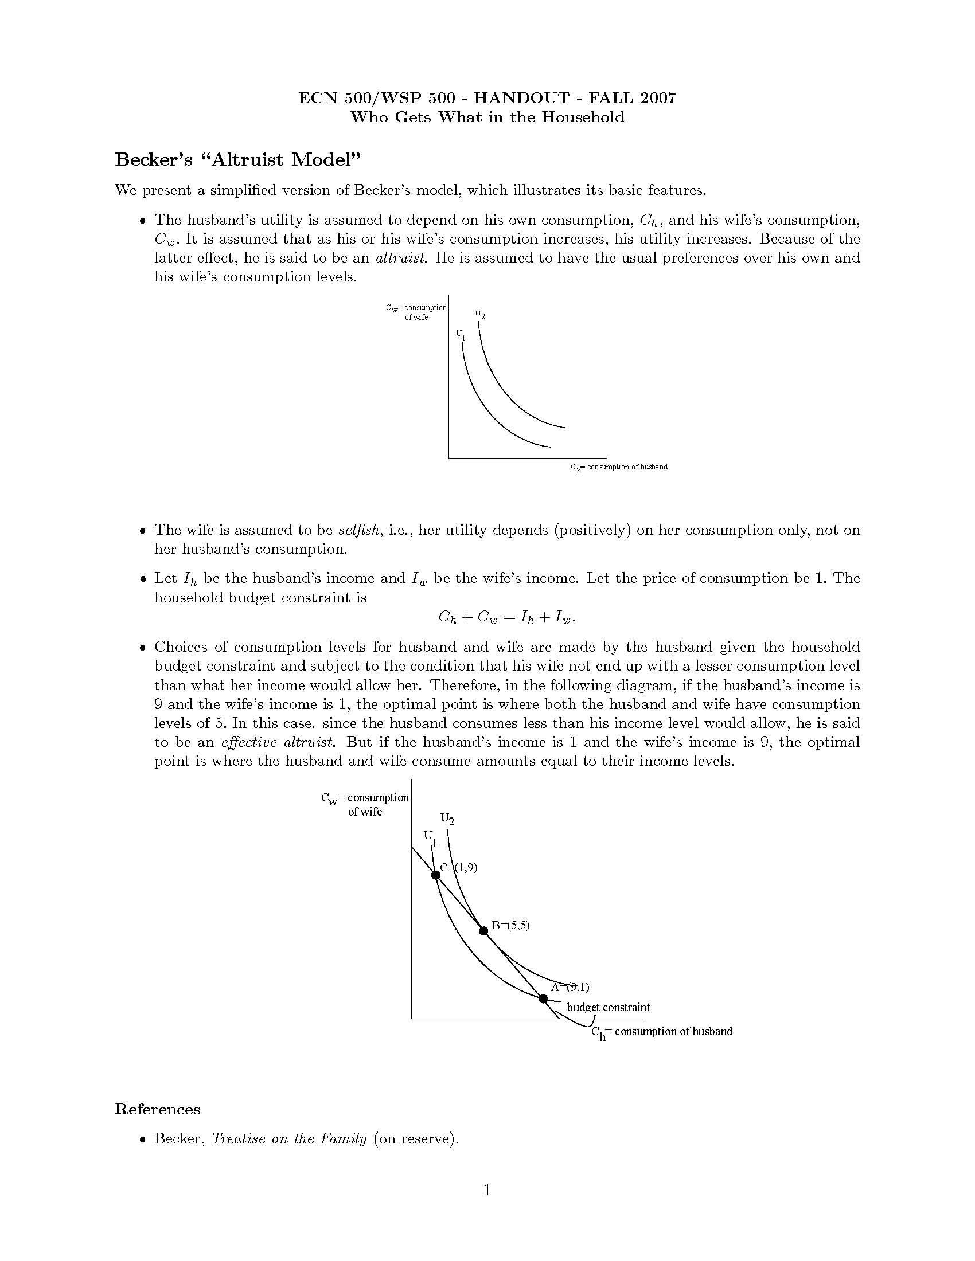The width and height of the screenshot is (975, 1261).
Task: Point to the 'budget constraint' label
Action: [608, 1008]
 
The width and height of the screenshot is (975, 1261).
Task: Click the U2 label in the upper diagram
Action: [480, 315]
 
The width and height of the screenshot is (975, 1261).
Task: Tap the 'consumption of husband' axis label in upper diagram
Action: [619, 467]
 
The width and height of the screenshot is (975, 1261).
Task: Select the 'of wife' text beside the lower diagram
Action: [365, 812]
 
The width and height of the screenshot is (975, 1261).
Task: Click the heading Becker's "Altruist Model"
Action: [237, 159]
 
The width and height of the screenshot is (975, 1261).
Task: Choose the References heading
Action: [158, 1110]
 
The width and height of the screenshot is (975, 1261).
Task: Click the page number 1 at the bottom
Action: [487, 1190]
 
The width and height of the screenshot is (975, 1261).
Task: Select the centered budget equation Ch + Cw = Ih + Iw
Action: [507, 617]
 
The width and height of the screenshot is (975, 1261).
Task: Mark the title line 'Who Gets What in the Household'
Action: [487, 117]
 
